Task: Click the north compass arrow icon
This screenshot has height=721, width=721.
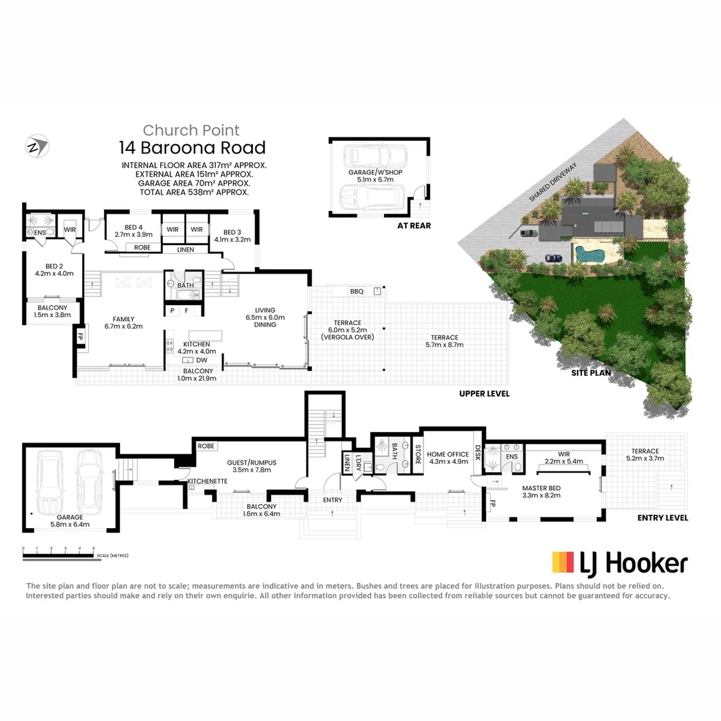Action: click(37, 146)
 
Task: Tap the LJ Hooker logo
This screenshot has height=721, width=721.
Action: click(620, 563)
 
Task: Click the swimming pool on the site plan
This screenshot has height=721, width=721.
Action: click(589, 254)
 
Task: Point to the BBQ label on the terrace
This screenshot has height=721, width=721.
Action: click(356, 292)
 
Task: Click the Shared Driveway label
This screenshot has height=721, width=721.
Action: click(553, 182)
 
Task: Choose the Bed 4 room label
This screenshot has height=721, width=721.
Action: click(134, 227)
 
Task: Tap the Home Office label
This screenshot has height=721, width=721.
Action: click(448, 455)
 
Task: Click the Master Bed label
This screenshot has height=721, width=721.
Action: click(541, 488)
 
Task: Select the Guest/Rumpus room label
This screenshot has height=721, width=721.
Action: click(252, 463)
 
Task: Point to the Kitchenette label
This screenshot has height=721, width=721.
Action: click(208, 481)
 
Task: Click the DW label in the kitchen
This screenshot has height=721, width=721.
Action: click(202, 360)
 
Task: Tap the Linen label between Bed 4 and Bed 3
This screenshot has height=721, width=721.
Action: click(186, 250)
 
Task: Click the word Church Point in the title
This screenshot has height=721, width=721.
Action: click(191, 130)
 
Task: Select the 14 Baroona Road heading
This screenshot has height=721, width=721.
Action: click(192, 148)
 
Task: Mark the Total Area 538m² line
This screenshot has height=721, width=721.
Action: click(194, 192)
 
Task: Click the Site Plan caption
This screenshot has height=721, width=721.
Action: click(591, 373)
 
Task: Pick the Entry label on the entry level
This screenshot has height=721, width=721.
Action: click(332, 500)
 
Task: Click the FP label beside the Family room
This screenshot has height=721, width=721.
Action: click(80, 336)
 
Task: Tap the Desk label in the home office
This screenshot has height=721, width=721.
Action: click(478, 453)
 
